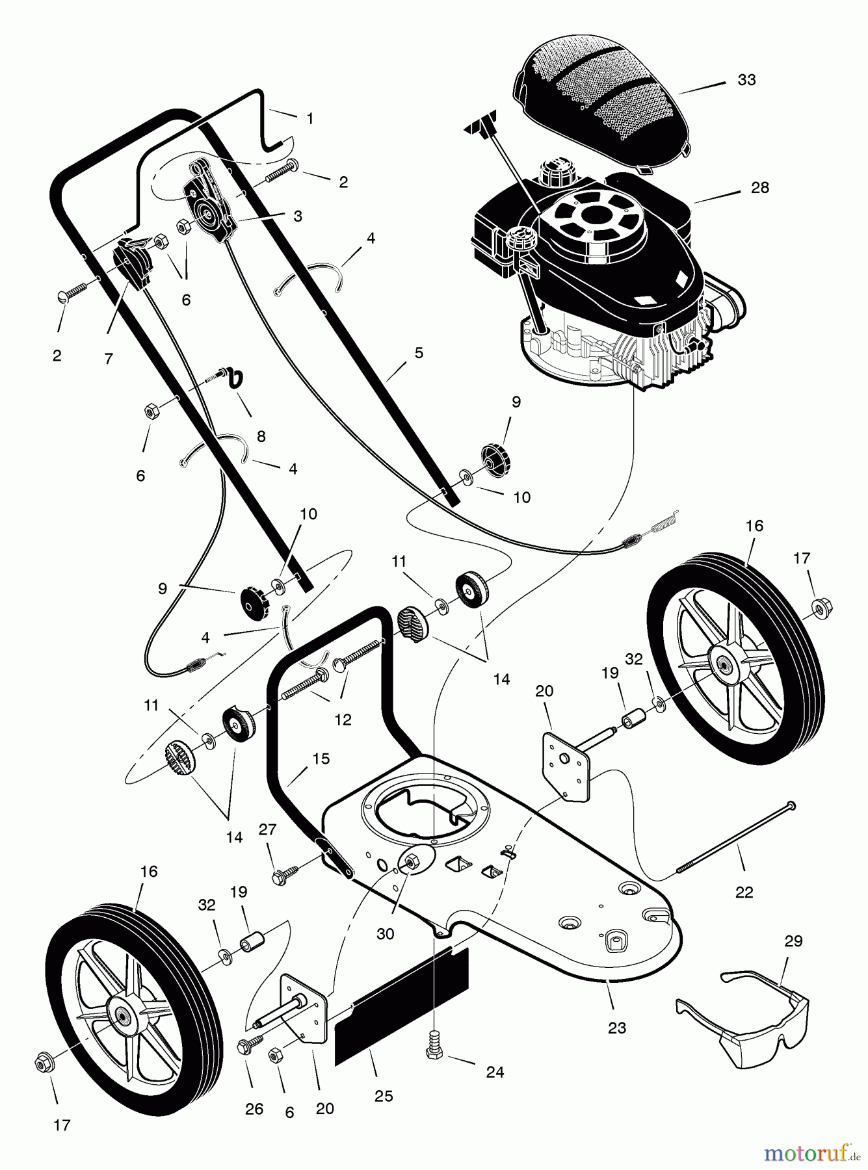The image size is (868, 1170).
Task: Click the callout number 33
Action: click(746, 80)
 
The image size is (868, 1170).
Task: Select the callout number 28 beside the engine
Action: click(759, 188)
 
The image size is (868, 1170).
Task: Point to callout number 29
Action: click(793, 941)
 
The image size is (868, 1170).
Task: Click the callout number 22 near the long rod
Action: click(743, 892)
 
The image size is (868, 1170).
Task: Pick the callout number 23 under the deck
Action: click(616, 1028)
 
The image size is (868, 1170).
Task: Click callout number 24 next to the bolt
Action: click(495, 1071)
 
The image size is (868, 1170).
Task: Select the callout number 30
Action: click(385, 934)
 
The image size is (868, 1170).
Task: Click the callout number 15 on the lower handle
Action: click(321, 759)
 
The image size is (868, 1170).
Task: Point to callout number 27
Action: click(267, 829)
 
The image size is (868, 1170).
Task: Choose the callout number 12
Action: click(342, 720)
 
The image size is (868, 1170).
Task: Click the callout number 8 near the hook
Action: click(261, 436)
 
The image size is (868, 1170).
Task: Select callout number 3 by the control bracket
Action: click(297, 216)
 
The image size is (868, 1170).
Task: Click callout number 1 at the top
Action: click(309, 118)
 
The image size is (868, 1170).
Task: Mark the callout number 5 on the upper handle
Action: click(418, 353)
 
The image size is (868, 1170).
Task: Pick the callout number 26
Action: click(254, 1108)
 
